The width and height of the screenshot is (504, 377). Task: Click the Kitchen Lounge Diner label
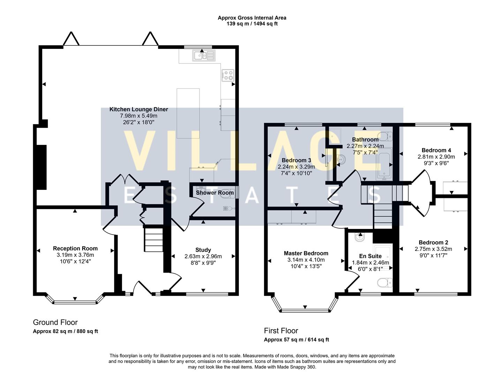(x=138, y=109)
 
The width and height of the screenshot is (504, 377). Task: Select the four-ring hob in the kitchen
(x=228, y=75)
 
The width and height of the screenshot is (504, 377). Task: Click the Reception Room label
(x=75, y=249)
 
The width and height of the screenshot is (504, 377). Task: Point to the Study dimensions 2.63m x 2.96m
(x=203, y=256)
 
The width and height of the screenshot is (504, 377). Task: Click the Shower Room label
(x=215, y=193)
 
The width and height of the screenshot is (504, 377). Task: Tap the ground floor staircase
(x=154, y=239)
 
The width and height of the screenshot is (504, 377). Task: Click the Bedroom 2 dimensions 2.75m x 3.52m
(x=433, y=249)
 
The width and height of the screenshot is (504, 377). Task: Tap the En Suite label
(x=370, y=256)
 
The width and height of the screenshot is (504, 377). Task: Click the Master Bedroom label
(x=306, y=253)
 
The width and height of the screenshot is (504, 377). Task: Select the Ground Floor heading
(x=55, y=322)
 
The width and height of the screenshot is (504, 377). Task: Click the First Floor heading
(x=281, y=331)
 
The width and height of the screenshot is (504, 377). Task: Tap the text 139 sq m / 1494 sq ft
(x=252, y=24)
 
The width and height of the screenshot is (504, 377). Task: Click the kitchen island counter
(x=188, y=113)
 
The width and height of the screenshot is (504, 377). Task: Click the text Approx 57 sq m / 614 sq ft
(x=296, y=340)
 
